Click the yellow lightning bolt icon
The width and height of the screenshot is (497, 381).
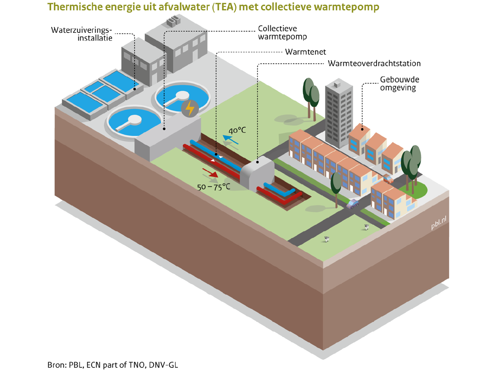click(190, 108)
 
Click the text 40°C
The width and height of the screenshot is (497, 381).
click(237, 131)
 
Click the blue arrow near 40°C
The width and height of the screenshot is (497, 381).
click(230, 140)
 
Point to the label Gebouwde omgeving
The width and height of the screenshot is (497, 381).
click(396, 83)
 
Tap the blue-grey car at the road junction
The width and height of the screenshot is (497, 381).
click(352, 203)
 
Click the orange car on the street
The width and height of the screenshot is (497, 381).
click(388, 179)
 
